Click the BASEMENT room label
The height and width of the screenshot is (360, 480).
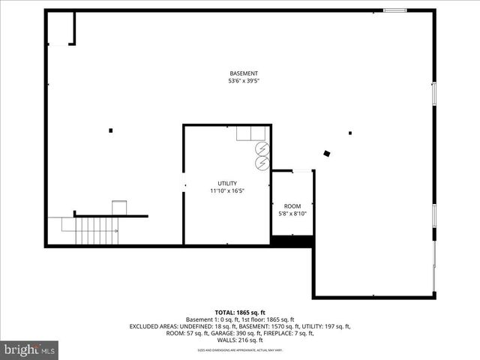pos(244,73)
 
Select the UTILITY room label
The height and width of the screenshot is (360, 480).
pos(227,184)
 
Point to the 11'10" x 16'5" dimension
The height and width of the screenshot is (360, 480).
pos(227,191)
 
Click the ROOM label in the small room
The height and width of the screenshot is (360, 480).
pos(292,206)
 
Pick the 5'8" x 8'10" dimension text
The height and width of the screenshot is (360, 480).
pos(292,214)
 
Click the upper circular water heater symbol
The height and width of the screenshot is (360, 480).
pos(262,148)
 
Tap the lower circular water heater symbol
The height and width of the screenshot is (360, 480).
pos(262,162)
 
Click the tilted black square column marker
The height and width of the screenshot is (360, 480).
pos(327,154)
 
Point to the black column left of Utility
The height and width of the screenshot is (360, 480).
pos(111,130)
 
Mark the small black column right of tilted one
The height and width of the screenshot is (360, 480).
pos(350,133)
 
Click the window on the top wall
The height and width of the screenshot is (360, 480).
pos(394,10)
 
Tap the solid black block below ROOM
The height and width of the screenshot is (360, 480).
pos(292,241)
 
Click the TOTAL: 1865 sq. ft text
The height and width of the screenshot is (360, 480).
pos(240,312)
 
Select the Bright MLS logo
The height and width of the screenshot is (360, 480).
pos(30,349)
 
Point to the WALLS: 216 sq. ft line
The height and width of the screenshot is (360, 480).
pos(240,340)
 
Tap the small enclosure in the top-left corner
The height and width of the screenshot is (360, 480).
pos(61,28)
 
